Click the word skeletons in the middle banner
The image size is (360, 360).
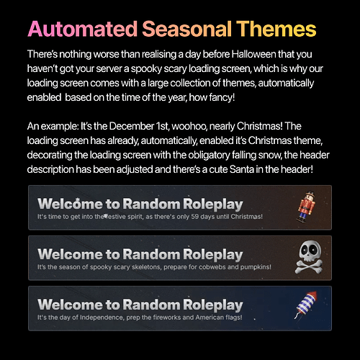coord(135,266)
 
